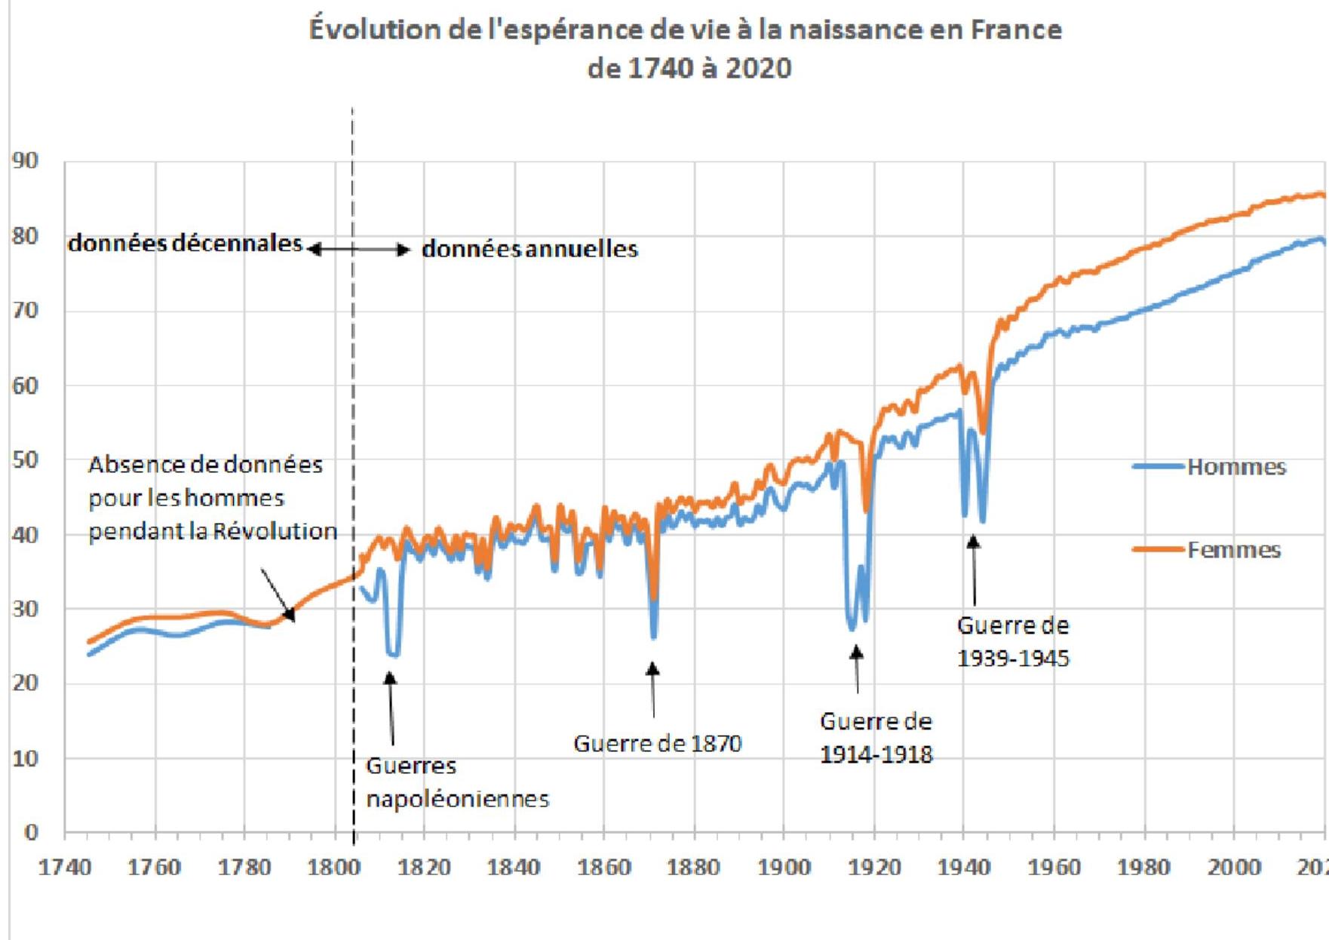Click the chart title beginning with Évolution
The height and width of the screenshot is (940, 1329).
coord(685,48)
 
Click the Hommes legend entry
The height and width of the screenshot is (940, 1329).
coord(1235,467)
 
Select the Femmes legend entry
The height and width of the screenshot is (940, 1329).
coord(1233,550)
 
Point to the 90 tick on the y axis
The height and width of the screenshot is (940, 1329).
coord(25,161)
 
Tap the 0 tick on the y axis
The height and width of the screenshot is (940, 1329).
coord(30,831)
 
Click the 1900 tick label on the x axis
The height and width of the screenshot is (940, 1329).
coord(784,868)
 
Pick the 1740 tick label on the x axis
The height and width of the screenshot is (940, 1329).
coord(65,868)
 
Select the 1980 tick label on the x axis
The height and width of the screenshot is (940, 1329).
coord(1143,868)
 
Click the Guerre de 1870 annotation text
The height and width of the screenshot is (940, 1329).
coord(658,744)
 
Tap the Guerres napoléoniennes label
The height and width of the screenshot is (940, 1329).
coord(457,782)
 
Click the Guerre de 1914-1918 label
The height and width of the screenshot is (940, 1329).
coord(876,738)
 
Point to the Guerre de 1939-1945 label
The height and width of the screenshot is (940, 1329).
coord(1013,642)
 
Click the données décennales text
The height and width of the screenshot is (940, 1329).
coord(185,243)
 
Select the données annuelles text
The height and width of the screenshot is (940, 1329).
coord(529,249)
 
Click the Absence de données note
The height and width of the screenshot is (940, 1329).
coord(212,498)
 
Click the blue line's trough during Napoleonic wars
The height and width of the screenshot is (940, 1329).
coord(392,654)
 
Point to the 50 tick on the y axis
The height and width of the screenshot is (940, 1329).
coord(25,459)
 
